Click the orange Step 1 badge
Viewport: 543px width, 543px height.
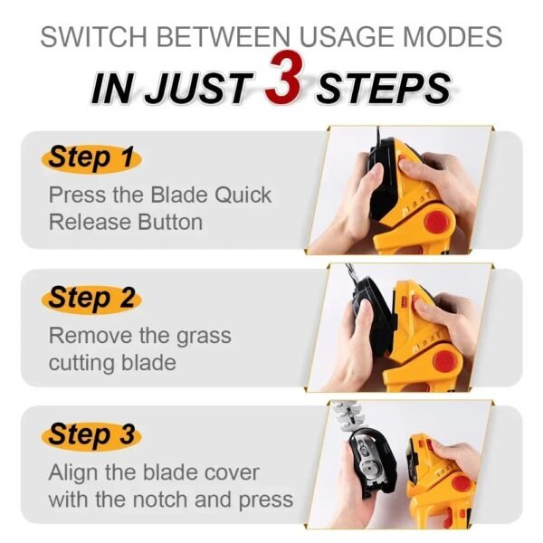(90, 157)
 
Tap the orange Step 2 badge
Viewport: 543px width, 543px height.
(90, 297)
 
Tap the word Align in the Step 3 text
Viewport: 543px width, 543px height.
(74, 472)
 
